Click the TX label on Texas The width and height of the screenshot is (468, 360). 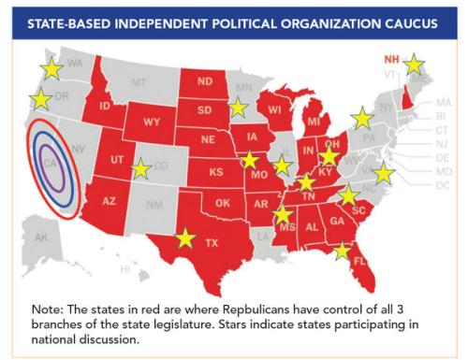pos(212,243)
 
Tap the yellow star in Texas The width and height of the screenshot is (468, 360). pos(185,238)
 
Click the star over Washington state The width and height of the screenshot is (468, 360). pos(51,68)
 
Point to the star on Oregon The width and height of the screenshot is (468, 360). pos(41,99)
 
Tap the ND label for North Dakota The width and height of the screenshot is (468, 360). pos(205,81)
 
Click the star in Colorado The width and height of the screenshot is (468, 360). pos(140,169)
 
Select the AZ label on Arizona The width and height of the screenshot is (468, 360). pos(109,202)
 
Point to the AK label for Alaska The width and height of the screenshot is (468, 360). pos(41,238)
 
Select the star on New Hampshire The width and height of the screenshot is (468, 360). pos(413,65)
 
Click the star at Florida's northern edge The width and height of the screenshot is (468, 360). pos(343,250)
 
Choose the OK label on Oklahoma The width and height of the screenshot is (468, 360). pos(222,203)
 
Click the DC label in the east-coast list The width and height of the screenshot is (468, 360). pos(443,186)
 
